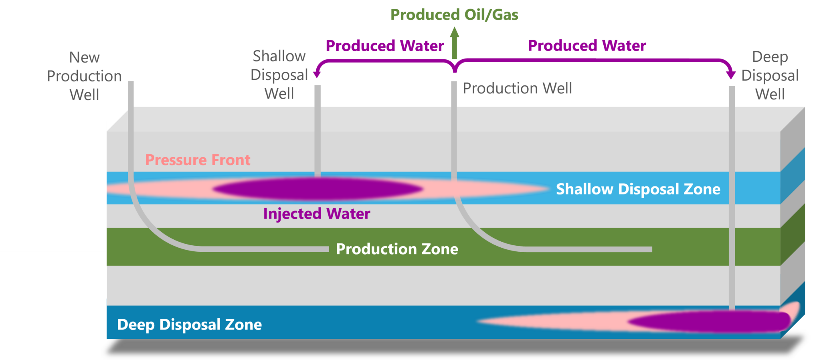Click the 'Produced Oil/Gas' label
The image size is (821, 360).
[454, 15]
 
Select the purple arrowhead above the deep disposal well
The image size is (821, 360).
[731, 75]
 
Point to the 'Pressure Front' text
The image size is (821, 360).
[198, 160]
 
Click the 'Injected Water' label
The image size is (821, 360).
[316, 214]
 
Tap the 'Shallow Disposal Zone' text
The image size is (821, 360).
[638, 189]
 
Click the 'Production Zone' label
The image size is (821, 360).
[397, 249]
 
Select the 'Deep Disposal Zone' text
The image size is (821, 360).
[189, 324]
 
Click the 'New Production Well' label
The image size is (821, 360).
[84, 76]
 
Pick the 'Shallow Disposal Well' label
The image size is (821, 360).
[279, 75]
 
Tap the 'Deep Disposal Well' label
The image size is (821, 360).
[770, 75]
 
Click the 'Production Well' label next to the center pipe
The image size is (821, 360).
[517, 88]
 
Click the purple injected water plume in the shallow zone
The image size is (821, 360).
[317, 189]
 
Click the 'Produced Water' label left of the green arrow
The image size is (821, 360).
[384, 46]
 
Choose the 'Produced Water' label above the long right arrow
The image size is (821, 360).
[587, 46]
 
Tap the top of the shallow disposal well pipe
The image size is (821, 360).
[317, 87]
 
